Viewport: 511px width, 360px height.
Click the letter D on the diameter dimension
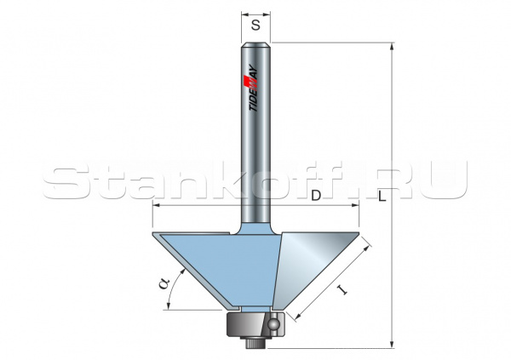point(316,197)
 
